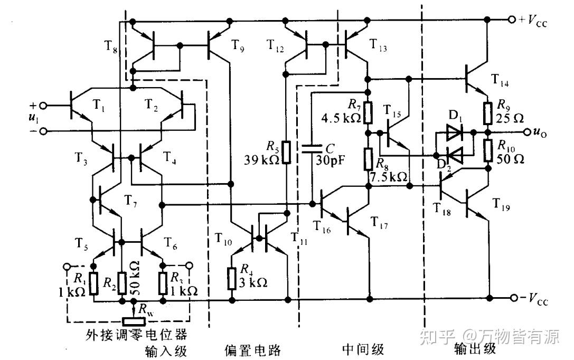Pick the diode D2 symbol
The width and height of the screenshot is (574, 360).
point(454,155)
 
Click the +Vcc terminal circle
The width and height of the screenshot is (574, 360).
point(511,20)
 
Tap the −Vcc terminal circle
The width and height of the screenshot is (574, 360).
point(511,298)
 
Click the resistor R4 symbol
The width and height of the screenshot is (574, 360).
point(231,278)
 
